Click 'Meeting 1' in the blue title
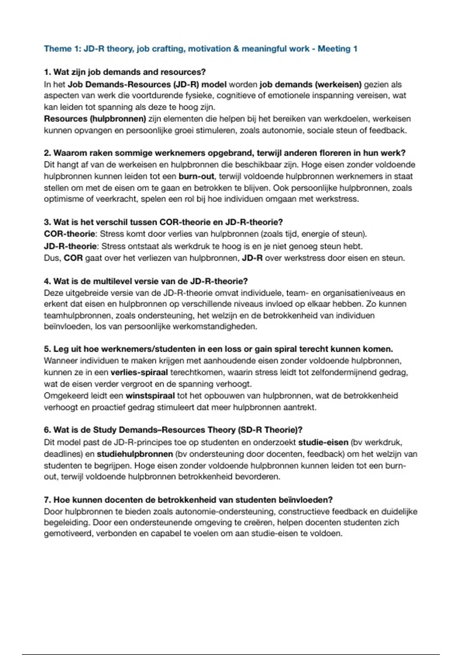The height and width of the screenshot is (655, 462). (337, 49)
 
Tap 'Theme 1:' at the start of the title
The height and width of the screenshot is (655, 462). (58, 49)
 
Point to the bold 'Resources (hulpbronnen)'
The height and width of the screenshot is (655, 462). (95, 119)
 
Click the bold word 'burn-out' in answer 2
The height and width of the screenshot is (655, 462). (196, 176)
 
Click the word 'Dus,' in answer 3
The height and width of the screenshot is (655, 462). (52, 258)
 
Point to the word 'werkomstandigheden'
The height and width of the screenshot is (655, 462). (214, 327)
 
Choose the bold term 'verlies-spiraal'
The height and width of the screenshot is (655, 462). (139, 373)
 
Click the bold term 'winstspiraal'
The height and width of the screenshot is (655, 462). (150, 396)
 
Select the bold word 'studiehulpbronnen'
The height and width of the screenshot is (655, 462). (135, 454)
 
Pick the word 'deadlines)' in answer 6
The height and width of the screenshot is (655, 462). (62, 454)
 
